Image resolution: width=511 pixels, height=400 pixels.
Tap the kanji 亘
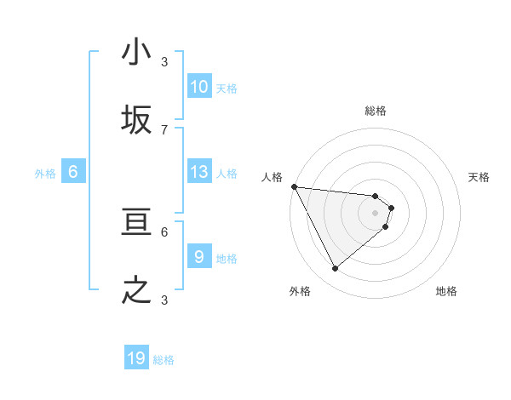(x=136, y=223)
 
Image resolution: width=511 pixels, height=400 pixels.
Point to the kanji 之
(x=136, y=290)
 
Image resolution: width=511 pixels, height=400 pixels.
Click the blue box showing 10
(x=199, y=87)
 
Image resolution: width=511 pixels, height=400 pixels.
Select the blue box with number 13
(x=199, y=172)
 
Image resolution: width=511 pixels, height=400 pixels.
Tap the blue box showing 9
(x=199, y=256)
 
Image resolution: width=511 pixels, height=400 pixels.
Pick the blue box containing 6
(x=73, y=172)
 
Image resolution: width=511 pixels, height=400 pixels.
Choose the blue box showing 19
(x=136, y=358)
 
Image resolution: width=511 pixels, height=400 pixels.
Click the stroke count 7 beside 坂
(x=164, y=129)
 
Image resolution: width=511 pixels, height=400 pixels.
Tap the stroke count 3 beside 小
(x=164, y=61)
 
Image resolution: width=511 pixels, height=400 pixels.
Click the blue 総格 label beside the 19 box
(x=164, y=360)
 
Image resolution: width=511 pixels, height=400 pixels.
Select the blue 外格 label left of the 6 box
(x=45, y=174)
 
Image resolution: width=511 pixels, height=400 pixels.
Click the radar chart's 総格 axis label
(x=376, y=111)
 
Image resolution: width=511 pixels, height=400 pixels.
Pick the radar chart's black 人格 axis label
(x=272, y=177)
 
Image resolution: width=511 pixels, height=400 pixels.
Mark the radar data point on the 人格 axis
(x=294, y=186)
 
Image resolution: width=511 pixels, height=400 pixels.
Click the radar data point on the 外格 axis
(x=335, y=269)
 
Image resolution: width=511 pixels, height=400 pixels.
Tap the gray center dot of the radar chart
(x=376, y=213)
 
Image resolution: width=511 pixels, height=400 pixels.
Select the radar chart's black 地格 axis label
(x=446, y=291)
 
